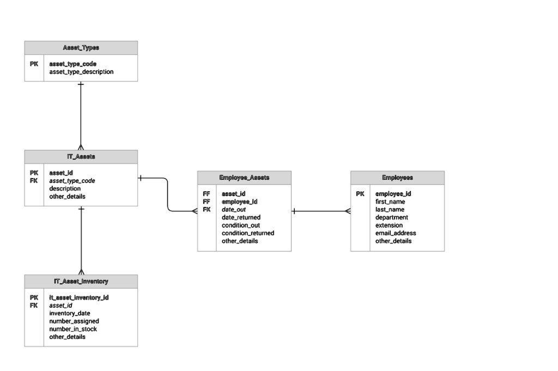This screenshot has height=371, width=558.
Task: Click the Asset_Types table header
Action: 81,48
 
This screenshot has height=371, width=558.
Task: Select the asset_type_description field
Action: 81,72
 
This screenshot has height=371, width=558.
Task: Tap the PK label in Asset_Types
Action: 34,64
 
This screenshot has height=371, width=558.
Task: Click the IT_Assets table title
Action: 81,156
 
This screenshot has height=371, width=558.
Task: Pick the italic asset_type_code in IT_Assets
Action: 72,181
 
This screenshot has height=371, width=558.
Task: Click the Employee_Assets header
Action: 244,178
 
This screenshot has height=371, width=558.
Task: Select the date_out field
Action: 234,210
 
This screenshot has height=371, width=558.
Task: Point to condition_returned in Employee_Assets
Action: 247,233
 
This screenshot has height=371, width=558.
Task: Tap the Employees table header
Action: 397,178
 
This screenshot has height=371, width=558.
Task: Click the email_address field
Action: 396,233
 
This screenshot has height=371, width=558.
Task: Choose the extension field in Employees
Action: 389,226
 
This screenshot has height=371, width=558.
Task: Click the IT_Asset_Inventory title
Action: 81,282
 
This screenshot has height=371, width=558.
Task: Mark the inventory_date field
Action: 70,313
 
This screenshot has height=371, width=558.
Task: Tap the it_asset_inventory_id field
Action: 79,297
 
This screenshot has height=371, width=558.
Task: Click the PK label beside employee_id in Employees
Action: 360,194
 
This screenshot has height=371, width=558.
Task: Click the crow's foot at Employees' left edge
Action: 348,211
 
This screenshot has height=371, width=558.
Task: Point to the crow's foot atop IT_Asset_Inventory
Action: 81,271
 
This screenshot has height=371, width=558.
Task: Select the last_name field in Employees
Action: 390,210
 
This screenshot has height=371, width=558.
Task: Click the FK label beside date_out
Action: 207,210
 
